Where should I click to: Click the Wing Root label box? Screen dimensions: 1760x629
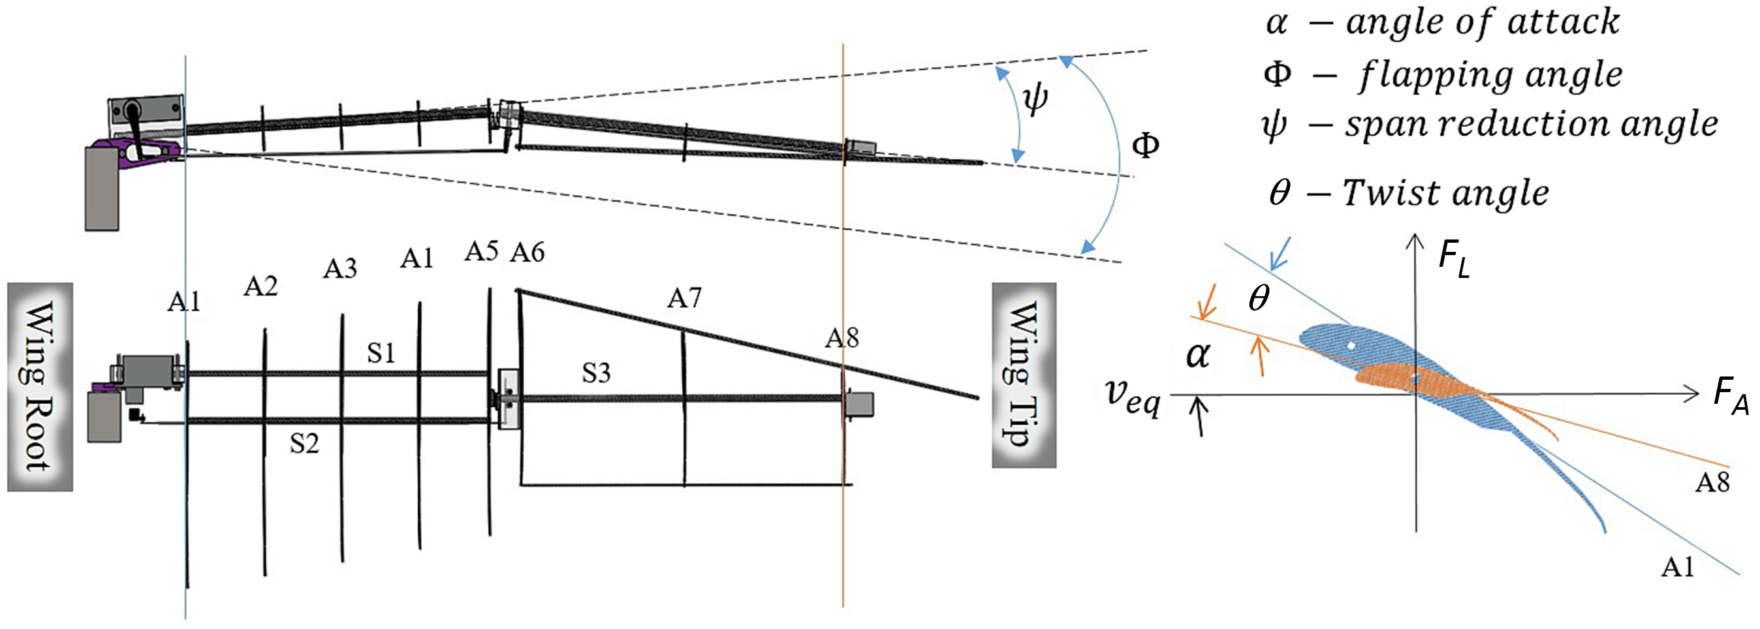tap(40, 386)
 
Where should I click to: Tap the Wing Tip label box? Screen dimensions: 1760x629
tap(1024, 375)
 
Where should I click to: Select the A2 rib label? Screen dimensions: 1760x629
tap(261, 287)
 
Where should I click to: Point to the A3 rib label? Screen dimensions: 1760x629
tap(339, 268)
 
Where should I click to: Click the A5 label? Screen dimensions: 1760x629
tap(482, 251)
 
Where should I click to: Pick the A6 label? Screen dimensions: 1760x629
tap(527, 253)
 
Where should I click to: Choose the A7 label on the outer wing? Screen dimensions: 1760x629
tap(685, 298)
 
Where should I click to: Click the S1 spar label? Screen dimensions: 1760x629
tap(381, 353)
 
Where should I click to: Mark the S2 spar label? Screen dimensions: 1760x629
tap(304, 444)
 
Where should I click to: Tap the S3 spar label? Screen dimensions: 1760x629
tap(597, 373)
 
